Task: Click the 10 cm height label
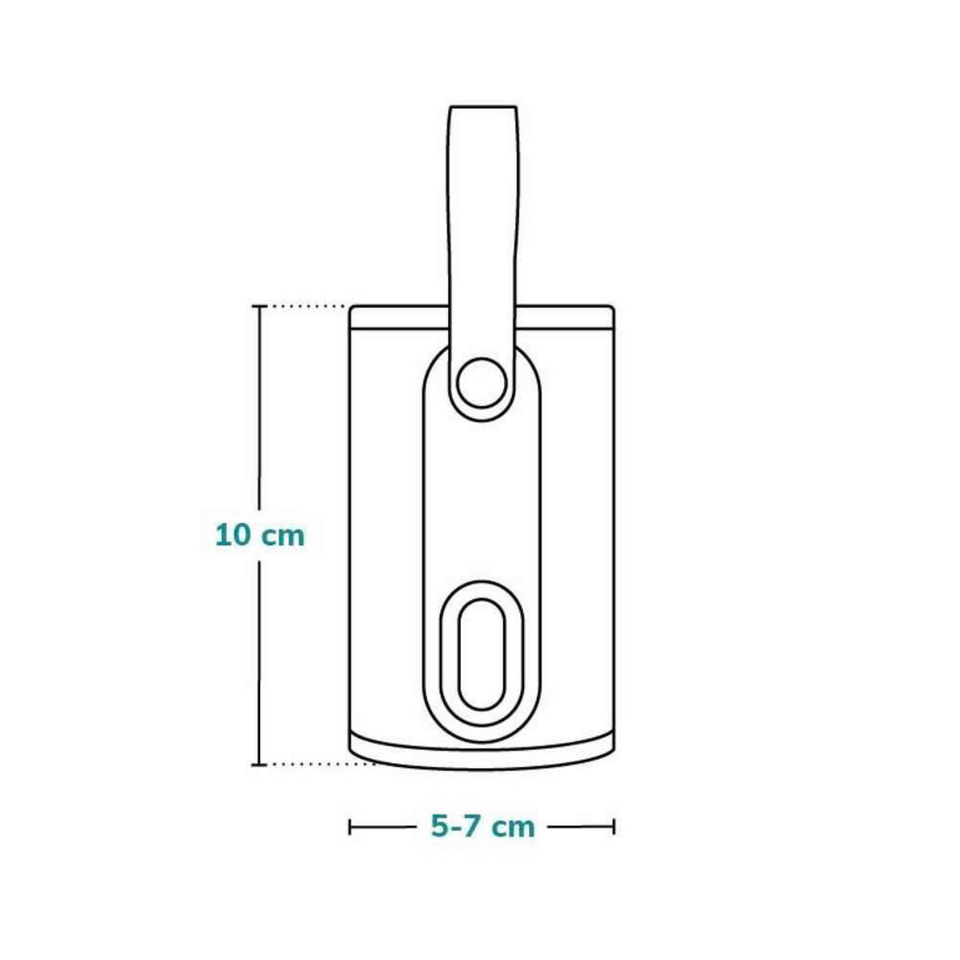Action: (x=260, y=534)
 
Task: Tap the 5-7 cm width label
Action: (x=482, y=826)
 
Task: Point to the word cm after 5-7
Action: (x=513, y=826)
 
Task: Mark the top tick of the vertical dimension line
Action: (x=258, y=306)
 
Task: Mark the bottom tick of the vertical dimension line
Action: (x=258, y=765)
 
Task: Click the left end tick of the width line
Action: (x=350, y=826)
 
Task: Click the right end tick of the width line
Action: (x=614, y=826)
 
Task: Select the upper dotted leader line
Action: (x=308, y=306)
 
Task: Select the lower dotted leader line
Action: (x=320, y=765)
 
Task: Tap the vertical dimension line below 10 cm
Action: (x=258, y=656)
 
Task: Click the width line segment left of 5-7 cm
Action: (x=382, y=826)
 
